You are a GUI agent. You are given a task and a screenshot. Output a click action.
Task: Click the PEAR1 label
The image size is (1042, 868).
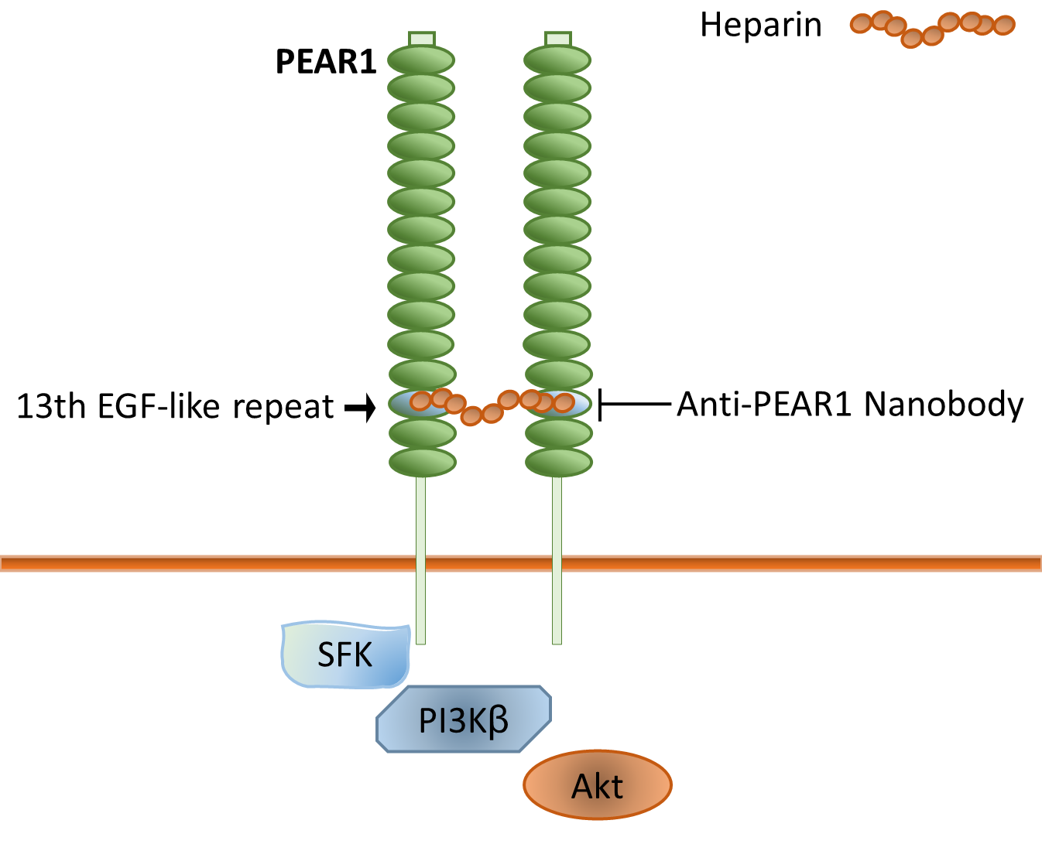326,62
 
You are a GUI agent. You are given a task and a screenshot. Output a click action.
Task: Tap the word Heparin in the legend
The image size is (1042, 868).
760,25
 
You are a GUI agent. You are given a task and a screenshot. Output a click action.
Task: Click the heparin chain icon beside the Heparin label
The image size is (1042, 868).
932,27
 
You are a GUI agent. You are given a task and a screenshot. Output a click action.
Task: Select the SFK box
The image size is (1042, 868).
345,655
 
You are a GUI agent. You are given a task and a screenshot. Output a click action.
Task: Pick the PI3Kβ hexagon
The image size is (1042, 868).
464,719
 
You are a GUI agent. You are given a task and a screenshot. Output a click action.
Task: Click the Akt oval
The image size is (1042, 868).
597,785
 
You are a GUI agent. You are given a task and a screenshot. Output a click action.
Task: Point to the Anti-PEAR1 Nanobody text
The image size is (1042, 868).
850,404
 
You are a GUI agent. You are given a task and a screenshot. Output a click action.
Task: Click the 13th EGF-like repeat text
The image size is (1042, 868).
175,406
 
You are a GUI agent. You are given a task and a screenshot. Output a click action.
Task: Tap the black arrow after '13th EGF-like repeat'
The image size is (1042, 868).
360,406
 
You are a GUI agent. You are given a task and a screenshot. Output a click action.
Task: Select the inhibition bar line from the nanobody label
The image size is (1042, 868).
635,404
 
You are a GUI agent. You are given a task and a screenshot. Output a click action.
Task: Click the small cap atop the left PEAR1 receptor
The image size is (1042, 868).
422,39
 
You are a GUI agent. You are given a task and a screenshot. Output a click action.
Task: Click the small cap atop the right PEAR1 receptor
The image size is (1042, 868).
558,39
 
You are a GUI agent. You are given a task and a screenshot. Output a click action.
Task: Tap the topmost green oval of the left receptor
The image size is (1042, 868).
421,60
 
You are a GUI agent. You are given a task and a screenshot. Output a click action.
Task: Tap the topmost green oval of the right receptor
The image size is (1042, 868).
557,60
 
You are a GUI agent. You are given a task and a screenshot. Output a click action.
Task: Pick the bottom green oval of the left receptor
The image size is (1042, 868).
422,463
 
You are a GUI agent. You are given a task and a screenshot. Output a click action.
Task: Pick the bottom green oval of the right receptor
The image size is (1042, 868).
559,463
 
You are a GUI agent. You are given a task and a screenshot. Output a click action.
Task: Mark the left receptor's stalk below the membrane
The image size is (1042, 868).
420,607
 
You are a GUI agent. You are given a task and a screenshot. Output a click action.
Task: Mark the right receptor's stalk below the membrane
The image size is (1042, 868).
557,607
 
